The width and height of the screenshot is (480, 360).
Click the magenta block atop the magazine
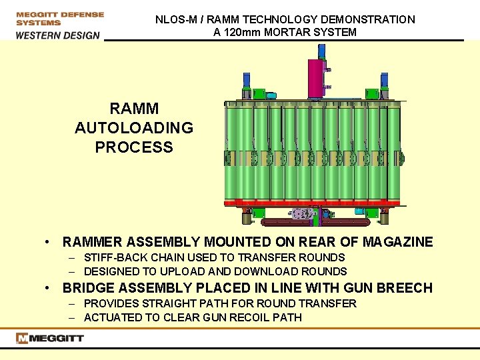tap(315, 77)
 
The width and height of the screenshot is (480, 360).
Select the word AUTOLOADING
tap(134, 128)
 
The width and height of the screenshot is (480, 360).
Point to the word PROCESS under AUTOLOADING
tap(134, 147)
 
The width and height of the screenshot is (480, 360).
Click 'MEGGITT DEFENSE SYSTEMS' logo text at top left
tap(60, 18)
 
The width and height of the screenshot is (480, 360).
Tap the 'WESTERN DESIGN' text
tap(58, 35)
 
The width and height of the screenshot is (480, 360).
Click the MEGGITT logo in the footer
tap(51, 338)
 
